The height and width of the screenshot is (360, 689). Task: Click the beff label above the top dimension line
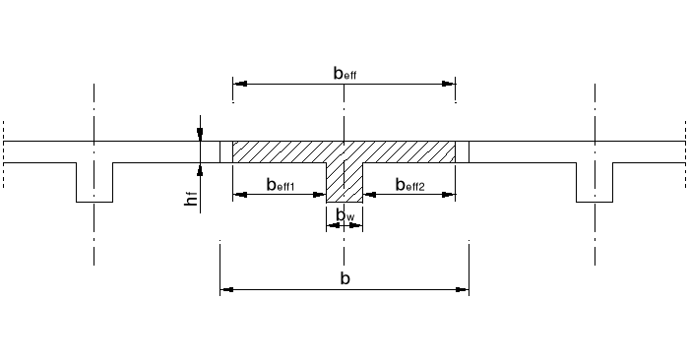344,73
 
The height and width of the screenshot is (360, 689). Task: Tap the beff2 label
409,184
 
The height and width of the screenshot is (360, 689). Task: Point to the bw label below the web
344,214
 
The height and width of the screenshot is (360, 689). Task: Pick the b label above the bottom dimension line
344,278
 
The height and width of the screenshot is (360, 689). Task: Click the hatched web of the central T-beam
344,182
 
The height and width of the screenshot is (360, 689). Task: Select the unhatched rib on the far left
94,181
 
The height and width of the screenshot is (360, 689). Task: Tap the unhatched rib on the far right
595,181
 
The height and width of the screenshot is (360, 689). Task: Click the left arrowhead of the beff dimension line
237,86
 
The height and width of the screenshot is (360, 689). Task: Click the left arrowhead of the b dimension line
224,290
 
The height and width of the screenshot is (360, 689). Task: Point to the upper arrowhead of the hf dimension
200,136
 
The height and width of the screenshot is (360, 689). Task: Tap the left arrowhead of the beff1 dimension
237,194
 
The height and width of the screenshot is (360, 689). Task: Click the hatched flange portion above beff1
281,151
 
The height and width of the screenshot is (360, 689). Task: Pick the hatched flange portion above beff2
409,151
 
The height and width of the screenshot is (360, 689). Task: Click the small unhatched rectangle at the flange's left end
225,151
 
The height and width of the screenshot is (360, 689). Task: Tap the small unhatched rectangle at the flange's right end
463,151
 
